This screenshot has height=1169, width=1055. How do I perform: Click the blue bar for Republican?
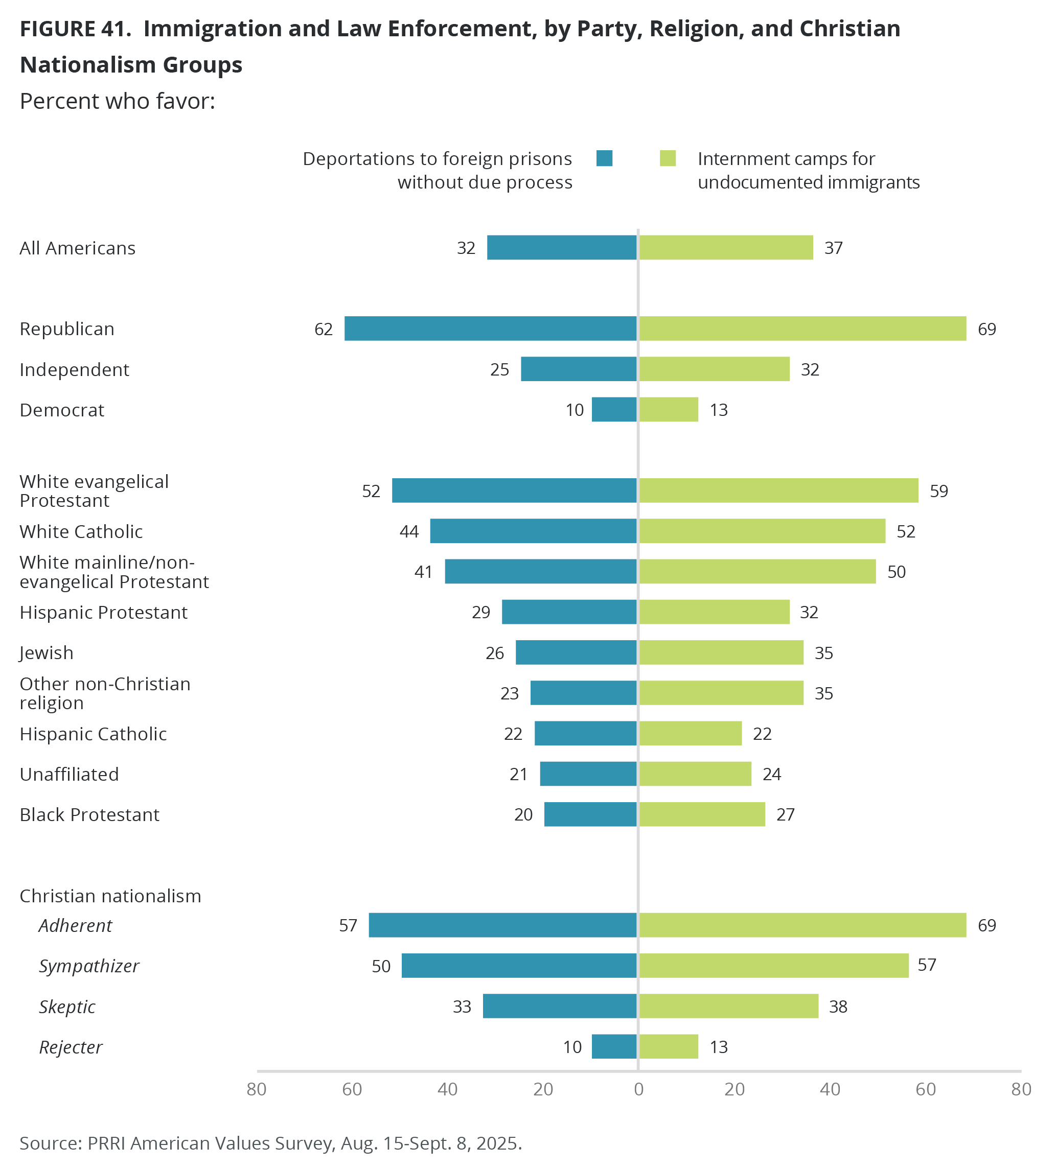(490, 329)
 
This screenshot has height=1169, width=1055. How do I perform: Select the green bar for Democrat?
(669, 410)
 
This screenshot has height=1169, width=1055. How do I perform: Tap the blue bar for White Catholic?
(533, 531)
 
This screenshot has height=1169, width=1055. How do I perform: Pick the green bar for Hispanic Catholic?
(690, 733)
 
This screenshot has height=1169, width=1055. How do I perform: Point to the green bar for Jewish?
(721, 652)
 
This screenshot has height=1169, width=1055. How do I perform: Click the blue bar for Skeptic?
(560, 1006)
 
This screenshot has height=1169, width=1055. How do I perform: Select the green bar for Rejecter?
(669, 1046)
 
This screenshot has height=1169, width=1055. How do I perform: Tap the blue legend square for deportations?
(604, 158)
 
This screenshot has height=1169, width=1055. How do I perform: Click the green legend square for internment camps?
(668, 158)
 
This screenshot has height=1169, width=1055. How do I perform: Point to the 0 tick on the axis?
(638, 1090)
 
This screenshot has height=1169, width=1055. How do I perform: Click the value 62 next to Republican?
(324, 329)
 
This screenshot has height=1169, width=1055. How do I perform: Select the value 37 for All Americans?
(834, 248)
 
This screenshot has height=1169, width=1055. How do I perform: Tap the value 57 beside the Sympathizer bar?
(927, 965)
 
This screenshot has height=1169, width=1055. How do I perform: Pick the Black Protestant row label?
(89, 814)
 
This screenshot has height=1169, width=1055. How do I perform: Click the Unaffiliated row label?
(69, 774)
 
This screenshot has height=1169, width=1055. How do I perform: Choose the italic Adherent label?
(75, 925)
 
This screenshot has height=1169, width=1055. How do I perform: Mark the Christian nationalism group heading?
(110, 896)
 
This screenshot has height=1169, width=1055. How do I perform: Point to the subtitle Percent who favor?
(117, 101)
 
